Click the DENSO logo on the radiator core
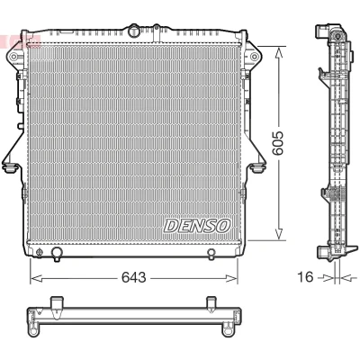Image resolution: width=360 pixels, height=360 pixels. point(197,226)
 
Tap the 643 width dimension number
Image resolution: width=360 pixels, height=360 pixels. point(133,277)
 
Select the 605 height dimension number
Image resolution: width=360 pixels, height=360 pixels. point(278,142)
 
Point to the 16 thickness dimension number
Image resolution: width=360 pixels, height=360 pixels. point(305,276)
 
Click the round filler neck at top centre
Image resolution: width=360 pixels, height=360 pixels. point(133,31)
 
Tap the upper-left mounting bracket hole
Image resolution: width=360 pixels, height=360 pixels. point(13,57)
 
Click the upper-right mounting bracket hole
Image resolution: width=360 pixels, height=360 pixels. point(254,56)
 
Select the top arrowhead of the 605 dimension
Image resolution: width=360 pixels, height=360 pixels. point(279,52)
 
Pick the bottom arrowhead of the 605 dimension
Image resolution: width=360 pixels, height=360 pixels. point(279,234)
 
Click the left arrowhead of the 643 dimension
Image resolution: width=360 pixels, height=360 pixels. point(36,278)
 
